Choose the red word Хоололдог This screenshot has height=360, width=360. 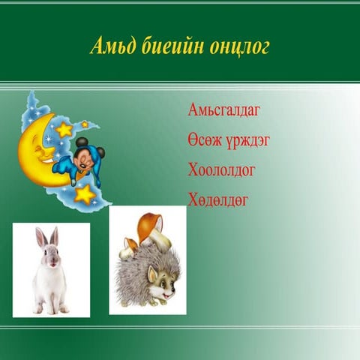coord(221,170)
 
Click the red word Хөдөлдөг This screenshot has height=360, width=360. coord(218,199)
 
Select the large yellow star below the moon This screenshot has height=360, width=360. coord(84,194)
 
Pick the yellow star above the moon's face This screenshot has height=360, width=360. coord(64,130)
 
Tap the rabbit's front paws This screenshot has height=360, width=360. coord(51,308)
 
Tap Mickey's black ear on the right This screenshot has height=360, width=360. coord(100,152)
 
